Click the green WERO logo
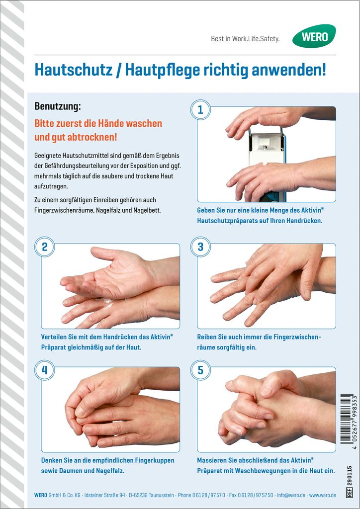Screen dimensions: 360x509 point(314,36)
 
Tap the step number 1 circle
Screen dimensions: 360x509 point(200,110)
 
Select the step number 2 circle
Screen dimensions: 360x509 point(44,247)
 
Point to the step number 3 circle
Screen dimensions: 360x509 point(200,247)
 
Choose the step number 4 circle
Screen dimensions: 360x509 point(44,370)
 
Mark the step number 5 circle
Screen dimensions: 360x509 point(200,370)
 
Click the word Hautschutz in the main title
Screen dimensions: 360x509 point(74,70)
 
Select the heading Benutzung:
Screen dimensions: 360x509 point(58,106)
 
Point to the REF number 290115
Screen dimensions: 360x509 point(349,476)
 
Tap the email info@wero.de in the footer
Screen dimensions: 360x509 point(291,496)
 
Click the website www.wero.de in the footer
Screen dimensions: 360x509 point(322,496)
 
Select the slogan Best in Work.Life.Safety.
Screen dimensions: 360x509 point(245,39)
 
